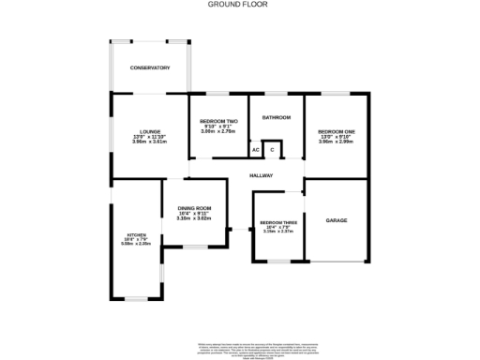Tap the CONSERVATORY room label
[x=150, y=67]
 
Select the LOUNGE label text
[x=150, y=131]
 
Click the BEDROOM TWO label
[x=218, y=121]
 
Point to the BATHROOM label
[x=277, y=117]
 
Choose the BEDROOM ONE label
[x=336, y=130]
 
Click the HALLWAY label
[x=262, y=175]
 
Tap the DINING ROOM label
[x=195, y=208]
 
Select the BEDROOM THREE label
[x=278, y=222]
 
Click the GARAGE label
[x=337, y=220]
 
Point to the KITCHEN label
[x=138, y=234]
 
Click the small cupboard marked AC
[x=255, y=150]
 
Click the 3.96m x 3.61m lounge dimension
[x=150, y=142]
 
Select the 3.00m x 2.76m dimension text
[x=218, y=131]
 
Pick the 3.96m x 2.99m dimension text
[x=336, y=141]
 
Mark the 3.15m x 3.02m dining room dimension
[x=195, y=218]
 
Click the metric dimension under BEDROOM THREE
[x=278, y=232]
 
